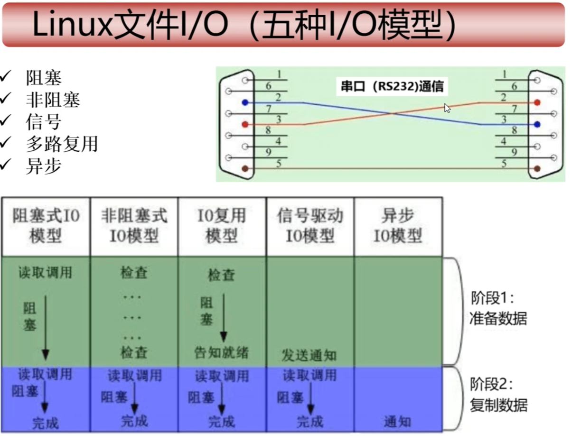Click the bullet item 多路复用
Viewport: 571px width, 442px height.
coord(62,144)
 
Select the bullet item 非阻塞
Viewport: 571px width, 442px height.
coord(53,100)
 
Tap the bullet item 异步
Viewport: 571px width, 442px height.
coord(44,166)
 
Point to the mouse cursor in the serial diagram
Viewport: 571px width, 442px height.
coord(447,108)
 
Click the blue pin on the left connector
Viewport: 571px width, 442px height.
coord(244,102)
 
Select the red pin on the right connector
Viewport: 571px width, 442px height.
coord(537,102)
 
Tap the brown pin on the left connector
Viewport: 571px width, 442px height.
coord(244,168)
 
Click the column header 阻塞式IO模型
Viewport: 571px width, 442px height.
coord(46,226)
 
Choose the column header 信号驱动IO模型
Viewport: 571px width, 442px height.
coord(310,226)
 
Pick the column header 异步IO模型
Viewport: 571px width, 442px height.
coord(397,226)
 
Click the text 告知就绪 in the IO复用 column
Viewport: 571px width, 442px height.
coord(221,352)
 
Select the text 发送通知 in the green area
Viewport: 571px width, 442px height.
coord(309,355)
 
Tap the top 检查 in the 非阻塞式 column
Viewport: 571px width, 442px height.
coord(134,273)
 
